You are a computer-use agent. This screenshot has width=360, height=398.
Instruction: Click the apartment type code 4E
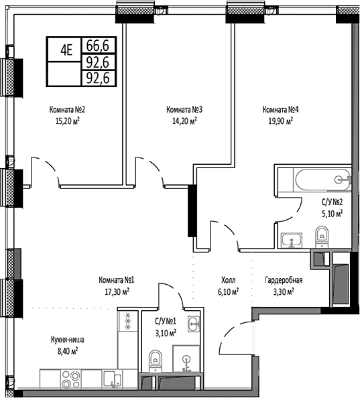coord(66,48)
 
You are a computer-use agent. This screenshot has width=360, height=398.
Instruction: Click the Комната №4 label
coord(281,110)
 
